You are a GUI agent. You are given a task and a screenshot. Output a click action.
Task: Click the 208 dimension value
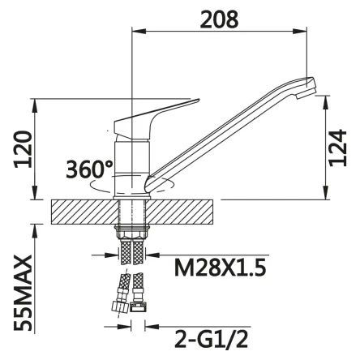pyautogui.click(x=219, y=19)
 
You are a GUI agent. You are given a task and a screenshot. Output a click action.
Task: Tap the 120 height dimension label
pyautogui.click(x=24, y=149)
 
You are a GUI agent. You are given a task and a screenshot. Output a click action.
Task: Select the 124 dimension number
pyautogui.click(x=337, y=148)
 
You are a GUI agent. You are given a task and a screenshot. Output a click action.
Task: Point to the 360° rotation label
pyautogui.click(x=89, y=169)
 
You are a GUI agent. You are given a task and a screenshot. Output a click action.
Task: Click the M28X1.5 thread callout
pyautogui.click(x=221, y=268)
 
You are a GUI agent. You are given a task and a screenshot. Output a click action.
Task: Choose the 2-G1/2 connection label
pyautogui.click(x=212, y=339)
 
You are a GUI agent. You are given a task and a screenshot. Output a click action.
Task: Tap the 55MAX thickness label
pyautogui.click(x=24, y=293)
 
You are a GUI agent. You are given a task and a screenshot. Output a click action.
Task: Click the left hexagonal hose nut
pyautogui.click(x=119, y=306)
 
